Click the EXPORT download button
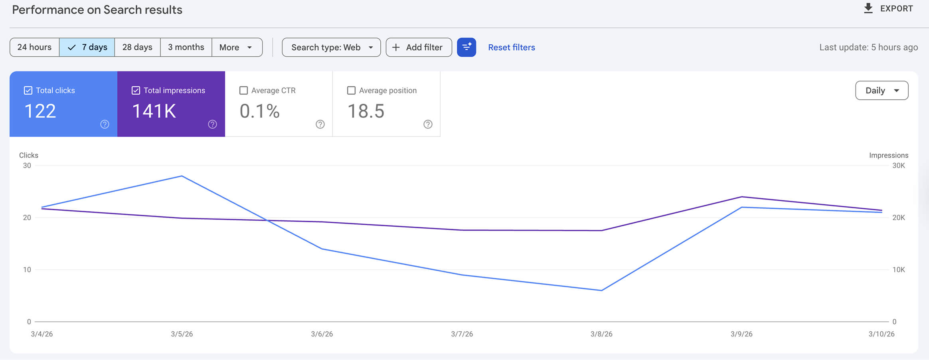(888, 8)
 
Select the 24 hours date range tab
(34, 47)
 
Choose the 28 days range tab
(137, 47)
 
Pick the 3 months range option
(186, 47)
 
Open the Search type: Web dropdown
(331, 47)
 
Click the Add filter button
(419, 47)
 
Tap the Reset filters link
(511, 47)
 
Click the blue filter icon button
(466, 47)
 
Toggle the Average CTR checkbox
(243, 91)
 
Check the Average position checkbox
(351, 91)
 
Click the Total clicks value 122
(40, 111)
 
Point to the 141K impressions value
(154, 111)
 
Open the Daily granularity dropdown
(882, 91)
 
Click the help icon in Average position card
(428, 124)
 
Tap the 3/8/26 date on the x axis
(601, 334)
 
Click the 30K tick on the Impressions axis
(898, 166)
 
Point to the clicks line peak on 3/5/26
(182, 176)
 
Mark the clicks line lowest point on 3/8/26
(601, 290)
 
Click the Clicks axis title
(29, 155)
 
